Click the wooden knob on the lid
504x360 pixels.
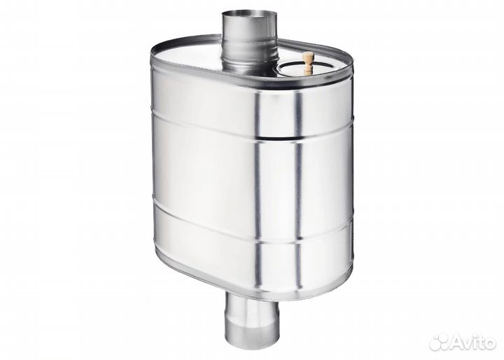click(x=307, y=63)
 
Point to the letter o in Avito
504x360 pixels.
click(x=490, y=343)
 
